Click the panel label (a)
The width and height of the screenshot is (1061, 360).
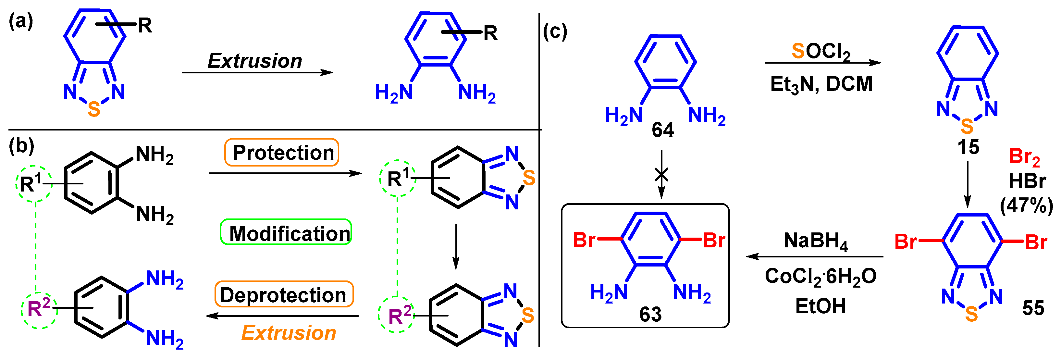pos(20,21)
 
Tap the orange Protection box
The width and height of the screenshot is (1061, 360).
pos(282,152)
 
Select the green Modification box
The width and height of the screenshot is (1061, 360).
pos(286,232)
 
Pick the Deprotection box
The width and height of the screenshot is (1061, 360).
pos(284,294)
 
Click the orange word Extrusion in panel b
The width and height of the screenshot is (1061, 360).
pos(288,333)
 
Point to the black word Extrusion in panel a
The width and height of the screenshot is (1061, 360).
pos(254,61)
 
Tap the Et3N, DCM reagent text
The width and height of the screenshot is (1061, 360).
pos(821,84)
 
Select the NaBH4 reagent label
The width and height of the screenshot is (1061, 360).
pos(816,241)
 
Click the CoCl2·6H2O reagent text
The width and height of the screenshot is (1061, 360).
pos(820,276)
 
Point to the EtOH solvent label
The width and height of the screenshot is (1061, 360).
pos(820,306)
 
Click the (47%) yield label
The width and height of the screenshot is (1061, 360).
pos(1026,205)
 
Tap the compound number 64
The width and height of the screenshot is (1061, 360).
pos(663,130)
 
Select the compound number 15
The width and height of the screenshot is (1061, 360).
pos(968,147)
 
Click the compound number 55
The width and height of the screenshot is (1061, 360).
pos(1033,308)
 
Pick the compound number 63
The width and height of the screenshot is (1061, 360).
pos(650,314)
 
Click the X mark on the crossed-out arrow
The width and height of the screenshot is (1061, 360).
pos(661,175)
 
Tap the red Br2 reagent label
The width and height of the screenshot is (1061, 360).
pos(1024,157)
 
